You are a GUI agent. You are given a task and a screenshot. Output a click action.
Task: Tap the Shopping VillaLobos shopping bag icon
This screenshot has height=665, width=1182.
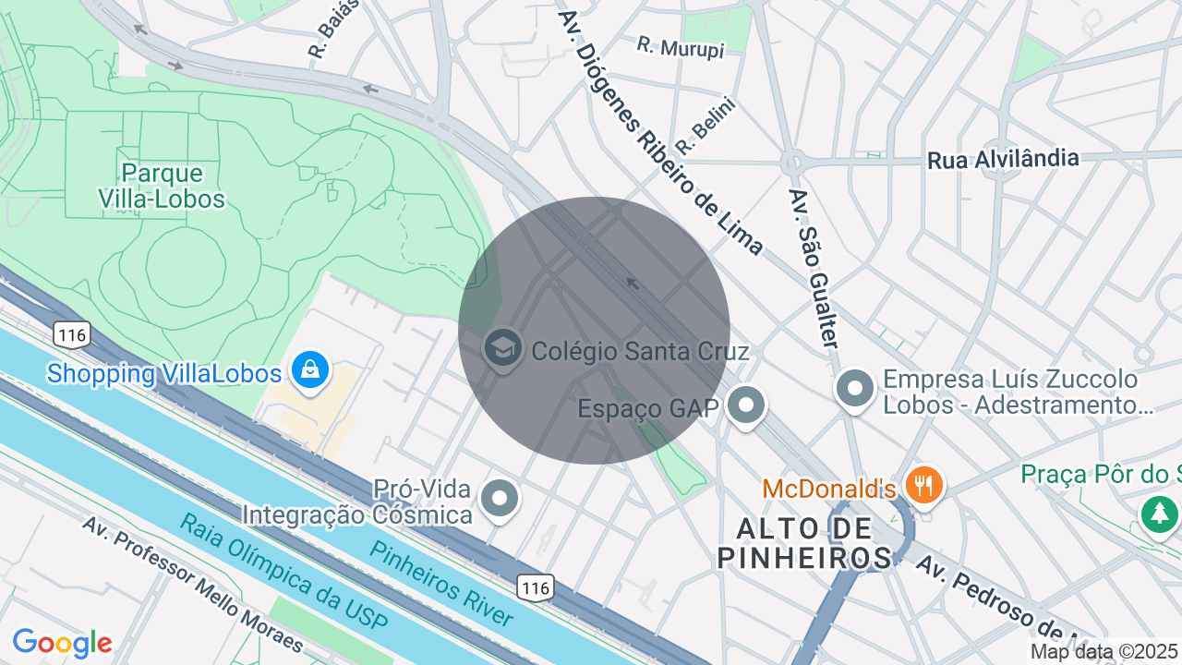pyautogui.click(x=310, y=371)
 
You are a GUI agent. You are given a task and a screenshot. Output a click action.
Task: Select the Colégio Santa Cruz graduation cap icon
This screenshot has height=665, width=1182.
pyautogui.click(x=503, y=350)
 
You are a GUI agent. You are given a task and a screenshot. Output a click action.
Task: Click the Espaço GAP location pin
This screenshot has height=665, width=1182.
pyautogui.click(x=746, y=405)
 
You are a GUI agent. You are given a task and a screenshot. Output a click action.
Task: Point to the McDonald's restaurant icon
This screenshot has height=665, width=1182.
pyautogui.click(x=923, y=484)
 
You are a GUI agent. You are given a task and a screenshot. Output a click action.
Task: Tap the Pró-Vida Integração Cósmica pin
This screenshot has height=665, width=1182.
pyautogui.click(x=501, y=499)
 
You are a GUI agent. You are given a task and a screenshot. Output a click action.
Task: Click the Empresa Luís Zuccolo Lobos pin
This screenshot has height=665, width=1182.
pyautogui.click(x=855, y=389)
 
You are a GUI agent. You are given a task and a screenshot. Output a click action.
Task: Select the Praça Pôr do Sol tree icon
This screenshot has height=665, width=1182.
pyautogui.click(x=1159, y=513)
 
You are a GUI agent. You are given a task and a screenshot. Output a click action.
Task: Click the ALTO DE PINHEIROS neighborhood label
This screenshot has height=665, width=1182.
pyautogui.click(x=805, y=543)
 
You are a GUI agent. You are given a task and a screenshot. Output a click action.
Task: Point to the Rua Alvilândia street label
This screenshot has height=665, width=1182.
pyautogui.click(x=1003, y=159)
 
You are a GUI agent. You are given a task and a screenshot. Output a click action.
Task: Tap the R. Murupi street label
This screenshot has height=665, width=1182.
pyautogui.click(x=681, y=47)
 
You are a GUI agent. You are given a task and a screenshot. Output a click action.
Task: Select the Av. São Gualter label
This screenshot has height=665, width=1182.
pyautogui.click(x=814, y=269)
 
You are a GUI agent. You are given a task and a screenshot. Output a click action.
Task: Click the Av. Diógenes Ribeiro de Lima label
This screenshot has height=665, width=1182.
pyautogui.click(x=659, y=134)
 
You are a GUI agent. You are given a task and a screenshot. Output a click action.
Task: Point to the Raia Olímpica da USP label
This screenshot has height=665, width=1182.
pyautogui.click(x=276, y=574)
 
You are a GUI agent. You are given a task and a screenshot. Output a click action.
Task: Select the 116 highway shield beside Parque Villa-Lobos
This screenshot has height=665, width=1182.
pyautogui.click(x=71, y=334)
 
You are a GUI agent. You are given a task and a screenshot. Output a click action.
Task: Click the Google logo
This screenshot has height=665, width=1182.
pyautogui.click(x=62, y=644)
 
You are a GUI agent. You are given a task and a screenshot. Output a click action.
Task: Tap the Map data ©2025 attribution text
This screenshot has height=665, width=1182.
pyautogui.click(x=1104, y=652)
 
